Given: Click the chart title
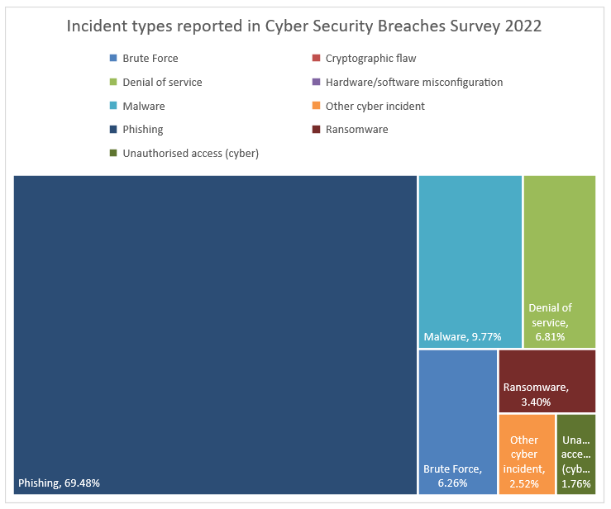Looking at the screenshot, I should [304, 26].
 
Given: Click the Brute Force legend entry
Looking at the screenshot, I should [150, 59].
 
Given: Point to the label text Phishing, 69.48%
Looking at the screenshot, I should [59, 483].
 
